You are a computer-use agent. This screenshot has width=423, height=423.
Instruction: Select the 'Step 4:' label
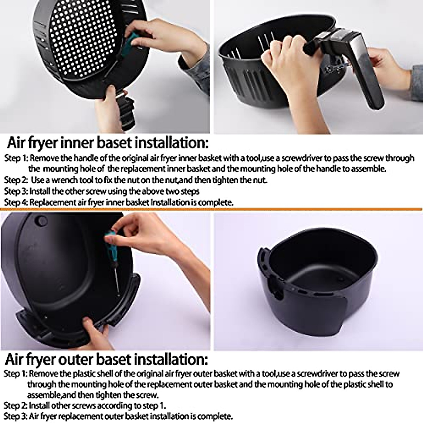point(16,202)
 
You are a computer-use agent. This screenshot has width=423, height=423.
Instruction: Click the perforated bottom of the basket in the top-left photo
point(81,39)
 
